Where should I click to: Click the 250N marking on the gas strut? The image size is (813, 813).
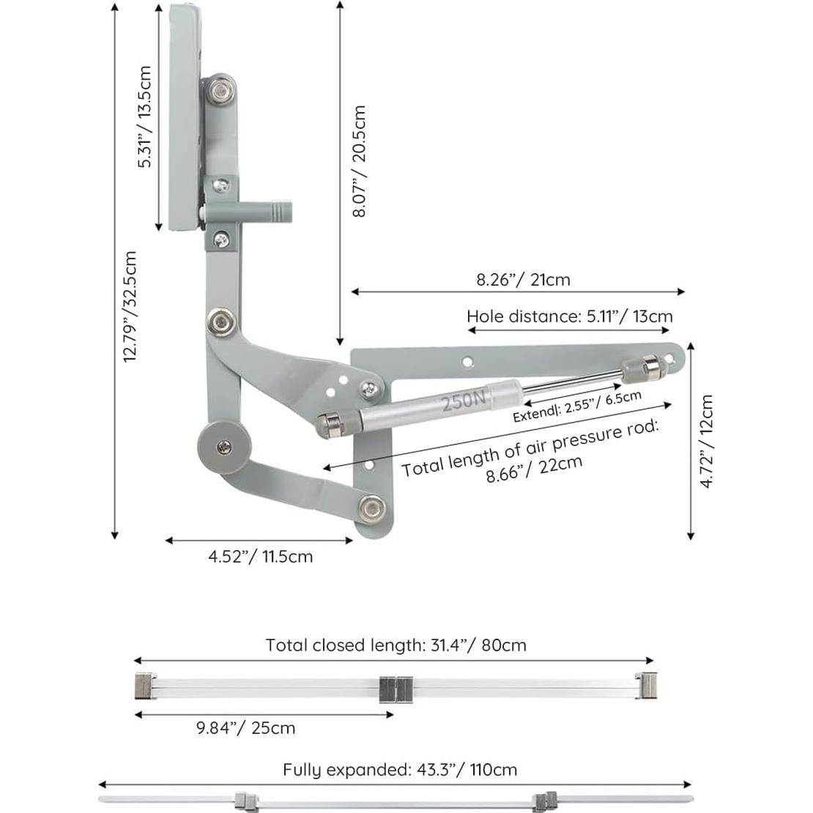463,399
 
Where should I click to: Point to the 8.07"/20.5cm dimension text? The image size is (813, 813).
358,161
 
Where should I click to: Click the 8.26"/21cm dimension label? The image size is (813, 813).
522,279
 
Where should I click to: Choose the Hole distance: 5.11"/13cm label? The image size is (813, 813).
569,316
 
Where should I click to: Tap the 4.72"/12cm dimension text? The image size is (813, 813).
706,442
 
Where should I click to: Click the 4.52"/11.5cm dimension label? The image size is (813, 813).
260,557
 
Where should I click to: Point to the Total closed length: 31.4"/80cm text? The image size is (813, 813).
396,645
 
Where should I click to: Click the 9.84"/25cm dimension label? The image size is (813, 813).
245,728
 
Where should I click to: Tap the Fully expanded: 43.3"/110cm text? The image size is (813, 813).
400,770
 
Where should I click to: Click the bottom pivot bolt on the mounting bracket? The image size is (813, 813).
372,506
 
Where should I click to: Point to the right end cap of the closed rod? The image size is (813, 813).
647,686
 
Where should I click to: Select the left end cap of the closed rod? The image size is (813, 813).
144,686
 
